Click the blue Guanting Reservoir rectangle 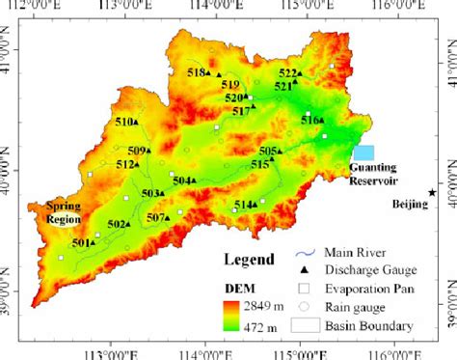pyautogui.click(x=363, y=152)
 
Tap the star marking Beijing pyautogui.click(x=432, y=193)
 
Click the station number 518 pyautogui.click(x=197, y=72)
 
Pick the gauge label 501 pyautogui.click(x=82, y=243)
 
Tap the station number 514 pyautogui.click(x=244, y=204)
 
